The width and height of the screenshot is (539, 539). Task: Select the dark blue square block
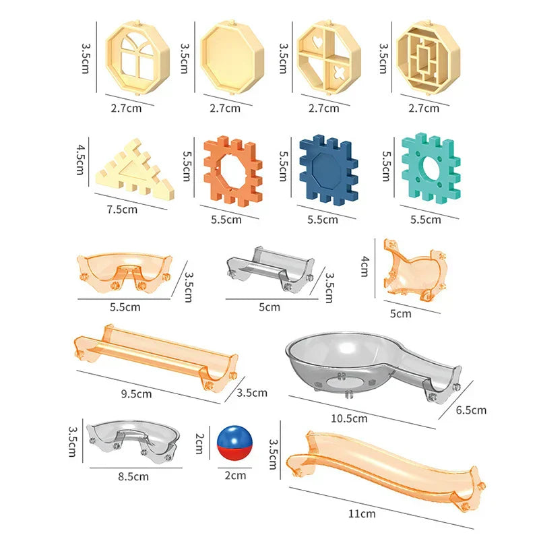[x=327, y=171]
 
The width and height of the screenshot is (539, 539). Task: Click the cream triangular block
[x=135, y=170]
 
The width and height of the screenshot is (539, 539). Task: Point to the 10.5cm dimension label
[x=350, y=418]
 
